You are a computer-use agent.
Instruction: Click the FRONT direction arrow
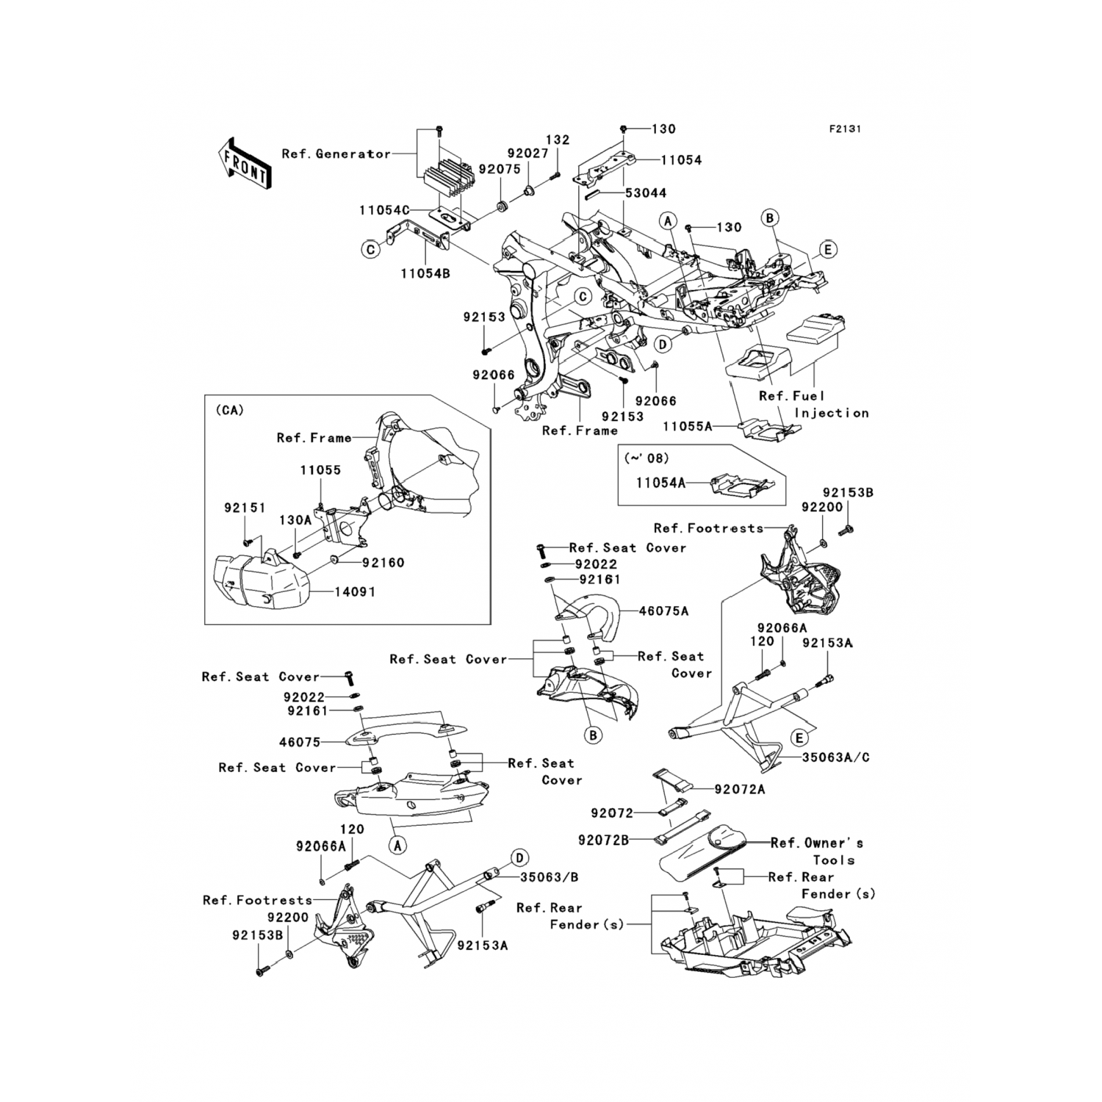tap(245, 163)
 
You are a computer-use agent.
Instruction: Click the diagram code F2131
tap(845, 129)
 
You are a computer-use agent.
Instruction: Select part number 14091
tap(356, 592)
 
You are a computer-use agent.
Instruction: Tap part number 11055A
tap(688, 426)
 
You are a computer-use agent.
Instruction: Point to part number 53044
tap(646, 193)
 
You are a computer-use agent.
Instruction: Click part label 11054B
tap(425, 274)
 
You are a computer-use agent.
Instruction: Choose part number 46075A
tap(664, 611)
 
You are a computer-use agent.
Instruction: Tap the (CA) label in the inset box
tap(229, 411)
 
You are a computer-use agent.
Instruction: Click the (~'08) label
tap(647, 458)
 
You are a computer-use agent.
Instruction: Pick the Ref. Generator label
tap(336, 154)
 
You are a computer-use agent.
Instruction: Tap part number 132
tap(558, 140)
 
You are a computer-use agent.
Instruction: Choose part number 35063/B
tap(549, 877)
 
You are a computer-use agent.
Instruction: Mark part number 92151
tap(245, 508)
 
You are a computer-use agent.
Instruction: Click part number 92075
tap(500, 169)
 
